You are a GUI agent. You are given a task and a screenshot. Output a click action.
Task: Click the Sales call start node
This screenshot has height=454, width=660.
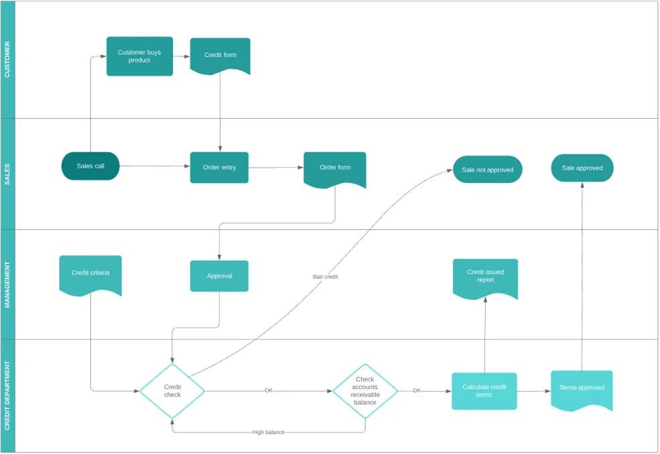(x=90, y=166)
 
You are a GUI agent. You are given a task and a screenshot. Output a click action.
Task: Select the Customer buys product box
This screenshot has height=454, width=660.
(x=140, y=56)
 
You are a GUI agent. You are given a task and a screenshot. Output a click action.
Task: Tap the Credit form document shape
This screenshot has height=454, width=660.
(x=220, y=56)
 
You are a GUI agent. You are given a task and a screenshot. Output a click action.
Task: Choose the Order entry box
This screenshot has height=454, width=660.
(x=219, y=168)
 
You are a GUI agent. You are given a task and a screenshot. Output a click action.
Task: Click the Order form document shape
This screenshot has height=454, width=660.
(x=335, y=168)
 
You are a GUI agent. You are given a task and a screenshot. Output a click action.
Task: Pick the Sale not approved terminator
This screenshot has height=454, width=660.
(x=487, y=170)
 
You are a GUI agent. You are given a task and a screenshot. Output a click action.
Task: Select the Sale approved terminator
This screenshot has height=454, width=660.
(x=582, y=168)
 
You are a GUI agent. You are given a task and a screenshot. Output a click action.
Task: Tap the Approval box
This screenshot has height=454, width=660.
(x=219, y=276)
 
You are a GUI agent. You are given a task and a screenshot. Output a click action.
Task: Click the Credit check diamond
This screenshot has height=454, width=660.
(x=172, y=391)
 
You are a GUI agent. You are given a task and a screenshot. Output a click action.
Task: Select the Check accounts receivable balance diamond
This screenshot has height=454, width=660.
(x=365, y=391)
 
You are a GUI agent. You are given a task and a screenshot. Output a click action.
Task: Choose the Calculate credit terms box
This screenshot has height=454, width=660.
(x=484, y=391)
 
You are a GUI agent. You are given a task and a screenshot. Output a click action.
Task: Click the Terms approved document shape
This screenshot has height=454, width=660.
(x=582, y=389)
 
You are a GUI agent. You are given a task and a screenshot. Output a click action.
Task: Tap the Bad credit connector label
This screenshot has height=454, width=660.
(x=326, y=277)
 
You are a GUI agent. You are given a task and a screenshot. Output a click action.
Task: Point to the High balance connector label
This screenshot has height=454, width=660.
(x=269, y=432)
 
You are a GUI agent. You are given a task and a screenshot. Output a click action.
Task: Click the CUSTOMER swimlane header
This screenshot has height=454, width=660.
(x=7, y=60)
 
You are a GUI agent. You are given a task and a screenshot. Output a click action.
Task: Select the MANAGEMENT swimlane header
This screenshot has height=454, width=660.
(x=7, y=285)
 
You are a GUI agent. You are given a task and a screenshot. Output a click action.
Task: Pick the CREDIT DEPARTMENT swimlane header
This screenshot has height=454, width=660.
(x=7, y=396)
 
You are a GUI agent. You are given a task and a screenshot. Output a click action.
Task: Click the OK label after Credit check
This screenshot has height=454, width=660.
(x=269, y=390)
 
